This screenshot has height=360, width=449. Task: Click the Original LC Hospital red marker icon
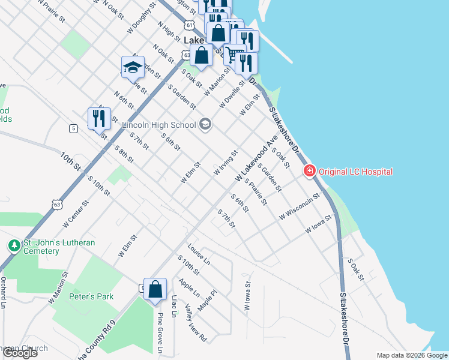coord(310,172)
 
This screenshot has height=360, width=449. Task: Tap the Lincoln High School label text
coord(159,125)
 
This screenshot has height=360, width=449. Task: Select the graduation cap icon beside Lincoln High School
coord(205,125)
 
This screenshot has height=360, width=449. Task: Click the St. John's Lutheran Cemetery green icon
coord(13,246)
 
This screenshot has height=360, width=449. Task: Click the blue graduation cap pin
coord(132,68)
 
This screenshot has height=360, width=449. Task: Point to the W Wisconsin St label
coord(299,207)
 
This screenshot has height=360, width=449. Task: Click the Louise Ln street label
coord(199,254)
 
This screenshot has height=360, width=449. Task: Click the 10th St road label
coord(70,160)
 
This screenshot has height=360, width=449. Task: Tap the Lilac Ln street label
coord(174,305)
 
